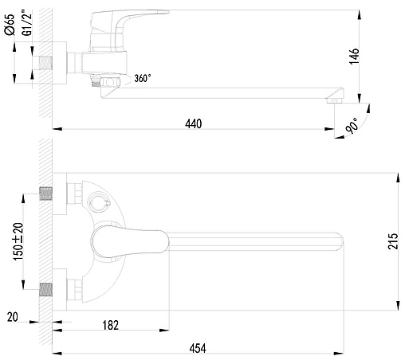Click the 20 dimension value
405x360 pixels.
(12, 319)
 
